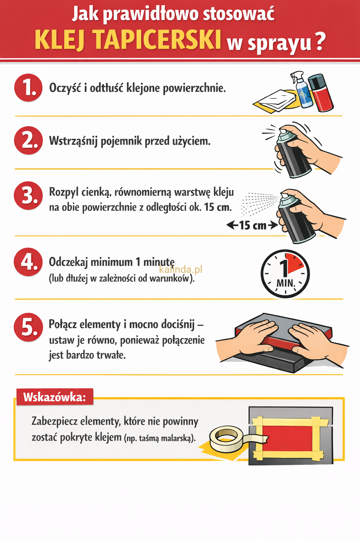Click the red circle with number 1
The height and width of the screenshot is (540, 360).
tap(28, 88)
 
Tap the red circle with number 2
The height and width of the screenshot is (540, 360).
tap(28, 140)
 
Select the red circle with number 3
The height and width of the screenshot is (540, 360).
tap(28, 195)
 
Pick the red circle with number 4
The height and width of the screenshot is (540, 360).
tap(28, 262)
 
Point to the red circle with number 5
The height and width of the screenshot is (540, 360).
tap(28, 327)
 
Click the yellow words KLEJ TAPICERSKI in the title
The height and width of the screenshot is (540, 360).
tap(128, 39)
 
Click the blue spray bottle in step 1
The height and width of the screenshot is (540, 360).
tap(303, 91)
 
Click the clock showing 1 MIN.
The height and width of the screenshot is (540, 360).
tap(285, 274)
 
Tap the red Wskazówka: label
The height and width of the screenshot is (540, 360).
tap(54, 397)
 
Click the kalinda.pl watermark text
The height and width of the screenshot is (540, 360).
tap(181, 270)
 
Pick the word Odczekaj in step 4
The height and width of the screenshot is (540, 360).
tap(68, 262)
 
